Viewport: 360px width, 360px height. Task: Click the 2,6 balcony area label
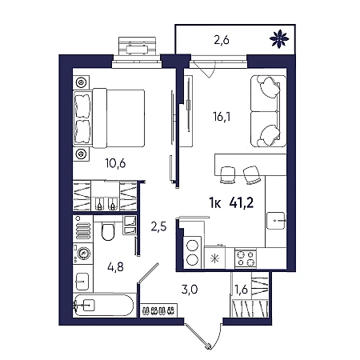(x=222, y=41)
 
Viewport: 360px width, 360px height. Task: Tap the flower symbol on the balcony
(x=279, y=39)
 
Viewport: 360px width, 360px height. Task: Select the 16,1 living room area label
(x=222, y=117)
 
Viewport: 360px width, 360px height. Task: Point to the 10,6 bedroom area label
(x=115, y=163)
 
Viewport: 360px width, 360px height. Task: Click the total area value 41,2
(x=242, y=203)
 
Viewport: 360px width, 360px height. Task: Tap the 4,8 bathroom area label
(x=115, y=266)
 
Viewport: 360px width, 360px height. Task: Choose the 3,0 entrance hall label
(x=190, y=290)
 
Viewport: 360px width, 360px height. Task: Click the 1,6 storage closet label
(x=242, y=290)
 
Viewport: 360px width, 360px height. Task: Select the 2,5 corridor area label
(x=158, y=227)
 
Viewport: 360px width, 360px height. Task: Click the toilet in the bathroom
(x=108, y=231)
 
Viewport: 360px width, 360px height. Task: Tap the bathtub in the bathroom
(x=103, y=306)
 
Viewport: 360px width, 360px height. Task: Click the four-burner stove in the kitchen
(x=246, y=258)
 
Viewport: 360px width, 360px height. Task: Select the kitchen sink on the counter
(x=276, y=221)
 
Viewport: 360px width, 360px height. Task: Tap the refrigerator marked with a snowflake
(x=214, y=258)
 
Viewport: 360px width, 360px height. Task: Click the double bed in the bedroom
(x=109, y=118)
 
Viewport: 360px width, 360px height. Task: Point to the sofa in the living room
(x=269, y=111)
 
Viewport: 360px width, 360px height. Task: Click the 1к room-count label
(x=215, y=203)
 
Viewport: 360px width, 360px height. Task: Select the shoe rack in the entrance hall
(x=158, y=310)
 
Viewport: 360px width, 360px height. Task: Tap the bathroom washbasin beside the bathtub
(x=82, y=282)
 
